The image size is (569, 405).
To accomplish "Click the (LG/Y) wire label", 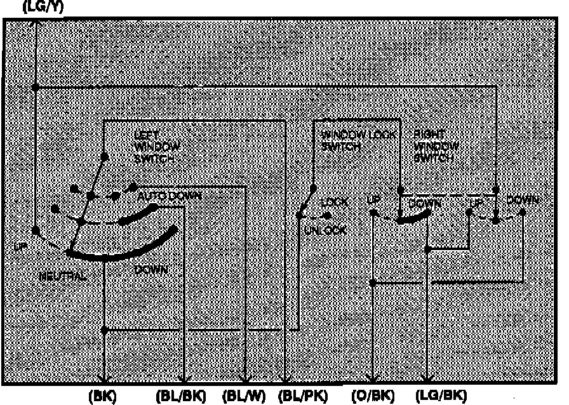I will [x=42, y=8].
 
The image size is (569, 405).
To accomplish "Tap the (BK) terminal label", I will [x=104, y=396].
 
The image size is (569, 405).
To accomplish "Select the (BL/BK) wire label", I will [x=181, y=396].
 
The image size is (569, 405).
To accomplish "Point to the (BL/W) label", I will [x=244, y=396].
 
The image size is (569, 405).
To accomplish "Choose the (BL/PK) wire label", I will [x=303, y=396].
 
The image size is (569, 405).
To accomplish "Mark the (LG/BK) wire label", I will [x=445, y=396].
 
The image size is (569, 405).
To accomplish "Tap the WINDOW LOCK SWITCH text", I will [x=359, y=140].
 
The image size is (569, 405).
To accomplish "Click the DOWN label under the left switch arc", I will [x=152, y=270].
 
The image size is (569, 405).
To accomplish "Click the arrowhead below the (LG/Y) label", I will [x=36, y=24].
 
